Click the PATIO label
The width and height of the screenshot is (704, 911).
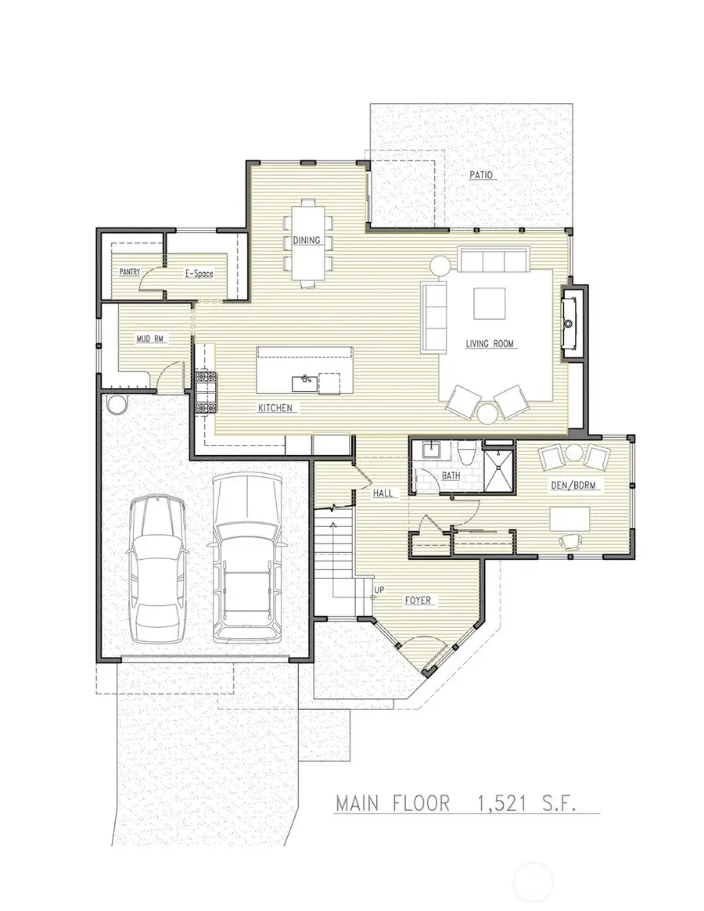point(481,175)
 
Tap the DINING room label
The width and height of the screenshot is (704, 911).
point(307,240)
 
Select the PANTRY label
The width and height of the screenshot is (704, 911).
point(129,272)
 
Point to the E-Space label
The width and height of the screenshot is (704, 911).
point(199,274)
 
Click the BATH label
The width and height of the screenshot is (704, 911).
point(451,475)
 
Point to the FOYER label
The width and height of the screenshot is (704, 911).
point(419,601)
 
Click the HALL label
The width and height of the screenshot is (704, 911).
point(383,493)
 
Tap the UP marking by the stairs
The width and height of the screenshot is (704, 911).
point(379,590)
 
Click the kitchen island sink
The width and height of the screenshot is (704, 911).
point(304,382)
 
